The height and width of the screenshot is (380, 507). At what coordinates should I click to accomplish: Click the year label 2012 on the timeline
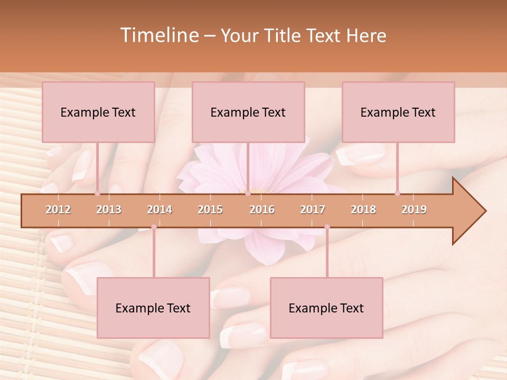[58, 210]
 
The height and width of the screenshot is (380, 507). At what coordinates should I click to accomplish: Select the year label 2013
[109, 210]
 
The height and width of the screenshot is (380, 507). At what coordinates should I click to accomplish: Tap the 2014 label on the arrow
[159, 210]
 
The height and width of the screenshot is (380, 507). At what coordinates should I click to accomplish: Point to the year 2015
[210, 210]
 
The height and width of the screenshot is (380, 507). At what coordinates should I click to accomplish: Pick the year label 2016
[262, 210]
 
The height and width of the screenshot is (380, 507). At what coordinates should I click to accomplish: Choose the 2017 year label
[313, 210]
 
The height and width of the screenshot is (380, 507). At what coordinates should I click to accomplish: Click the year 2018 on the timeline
[363, 210]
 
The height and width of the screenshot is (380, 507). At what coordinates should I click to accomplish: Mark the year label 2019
[414, 210]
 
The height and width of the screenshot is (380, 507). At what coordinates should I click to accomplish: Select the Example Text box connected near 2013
[98, 112]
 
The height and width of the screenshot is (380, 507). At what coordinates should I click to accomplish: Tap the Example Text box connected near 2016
[248, 112]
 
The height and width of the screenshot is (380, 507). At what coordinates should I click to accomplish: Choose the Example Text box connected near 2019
[398, 112]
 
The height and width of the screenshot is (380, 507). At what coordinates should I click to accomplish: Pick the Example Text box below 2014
[153, 308]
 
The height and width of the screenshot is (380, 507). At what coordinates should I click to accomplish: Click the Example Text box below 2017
[326, 308]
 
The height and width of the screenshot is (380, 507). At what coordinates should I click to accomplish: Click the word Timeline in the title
[158, 35]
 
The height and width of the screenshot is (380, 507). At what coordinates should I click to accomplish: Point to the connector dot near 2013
[98, 193]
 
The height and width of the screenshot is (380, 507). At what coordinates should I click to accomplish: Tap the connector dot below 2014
[154, 227]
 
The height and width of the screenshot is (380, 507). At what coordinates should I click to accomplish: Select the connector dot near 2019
[397, 193]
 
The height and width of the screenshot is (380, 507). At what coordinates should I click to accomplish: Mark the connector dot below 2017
[327, 227]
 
